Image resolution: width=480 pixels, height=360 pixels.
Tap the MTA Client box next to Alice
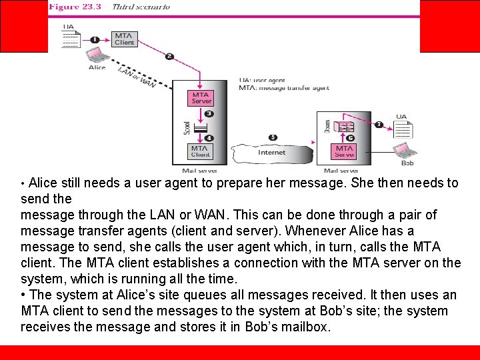[124, 39]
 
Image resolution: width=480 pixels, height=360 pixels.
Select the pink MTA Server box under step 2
[201, 97]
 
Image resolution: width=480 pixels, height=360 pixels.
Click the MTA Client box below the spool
[201, 151]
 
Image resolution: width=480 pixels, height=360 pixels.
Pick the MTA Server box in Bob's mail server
[345, 151]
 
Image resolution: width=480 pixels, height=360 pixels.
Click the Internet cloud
[271, 153]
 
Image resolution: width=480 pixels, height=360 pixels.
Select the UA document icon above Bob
[402, 129]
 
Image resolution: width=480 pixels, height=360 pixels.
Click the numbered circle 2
[169, 57]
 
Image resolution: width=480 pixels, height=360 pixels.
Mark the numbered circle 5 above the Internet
[273, 137]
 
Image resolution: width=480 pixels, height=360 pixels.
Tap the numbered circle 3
[209, 113]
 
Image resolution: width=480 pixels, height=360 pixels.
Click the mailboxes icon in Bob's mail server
[345, 127]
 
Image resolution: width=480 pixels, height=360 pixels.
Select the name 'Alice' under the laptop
[97, 67]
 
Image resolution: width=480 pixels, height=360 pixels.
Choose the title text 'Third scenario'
[141, 7]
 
